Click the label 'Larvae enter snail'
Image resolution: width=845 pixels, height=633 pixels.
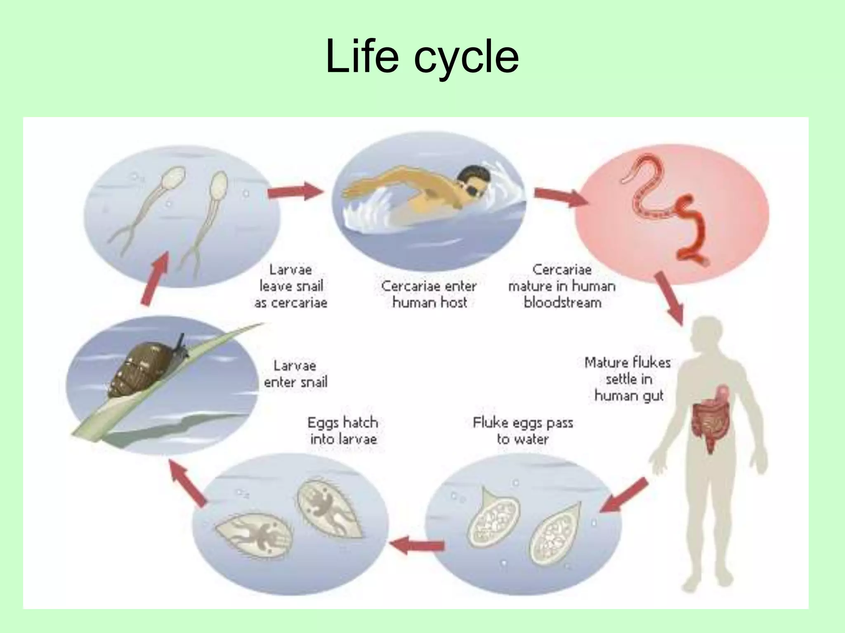click(295, 374)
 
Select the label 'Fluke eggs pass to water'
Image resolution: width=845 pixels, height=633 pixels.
click(523, 431)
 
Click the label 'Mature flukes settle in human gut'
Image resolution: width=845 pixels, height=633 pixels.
click(628, 379)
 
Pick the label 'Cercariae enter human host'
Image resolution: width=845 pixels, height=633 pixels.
click(429, 294)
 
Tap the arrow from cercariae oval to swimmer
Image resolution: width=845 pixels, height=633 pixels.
click(295, 191)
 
